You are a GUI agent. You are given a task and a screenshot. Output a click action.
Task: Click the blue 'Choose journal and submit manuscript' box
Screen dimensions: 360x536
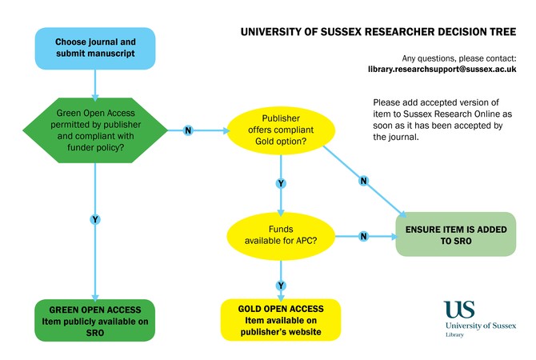(x=95, y=48)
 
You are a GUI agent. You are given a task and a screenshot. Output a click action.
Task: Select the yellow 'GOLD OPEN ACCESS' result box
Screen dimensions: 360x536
(x=281, y=320)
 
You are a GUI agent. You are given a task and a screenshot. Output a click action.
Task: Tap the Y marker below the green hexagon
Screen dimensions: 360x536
(x=95, y=219)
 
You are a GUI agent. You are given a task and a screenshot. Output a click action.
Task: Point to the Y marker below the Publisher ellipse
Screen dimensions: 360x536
(x=281, y=183)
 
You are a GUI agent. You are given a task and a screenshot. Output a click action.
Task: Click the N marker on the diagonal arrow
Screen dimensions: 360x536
(x=363, y=181)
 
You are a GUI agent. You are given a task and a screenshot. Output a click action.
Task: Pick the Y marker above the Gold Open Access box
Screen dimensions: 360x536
(x=281, y=285)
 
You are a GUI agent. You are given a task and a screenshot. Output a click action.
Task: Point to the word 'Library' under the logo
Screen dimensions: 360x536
(x=454, y=334)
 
